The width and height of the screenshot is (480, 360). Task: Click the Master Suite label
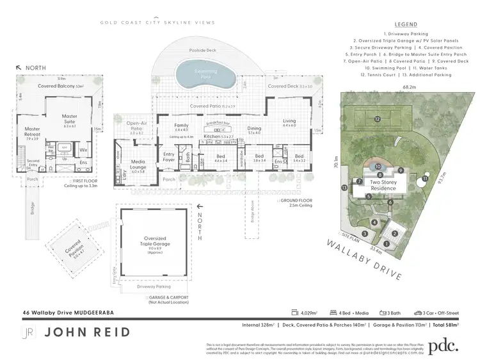69,119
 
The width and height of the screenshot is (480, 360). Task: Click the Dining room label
254,129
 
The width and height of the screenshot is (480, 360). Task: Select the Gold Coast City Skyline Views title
157,22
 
